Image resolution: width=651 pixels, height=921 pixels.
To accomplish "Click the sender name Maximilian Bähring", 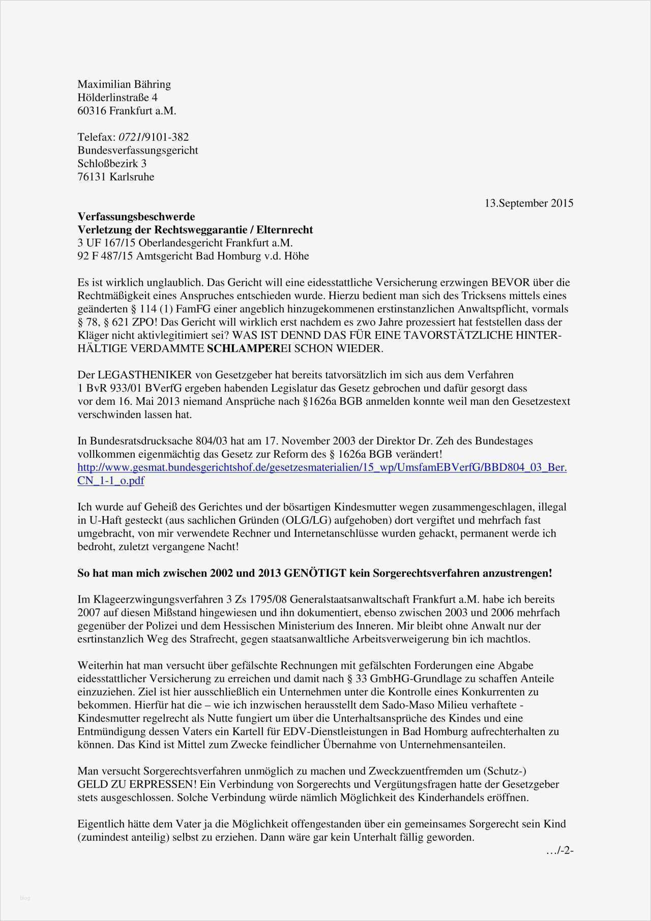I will (124, 84).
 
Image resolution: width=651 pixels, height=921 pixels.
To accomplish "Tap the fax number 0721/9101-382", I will (153, 137).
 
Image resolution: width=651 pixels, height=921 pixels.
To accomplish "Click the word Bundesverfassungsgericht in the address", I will (137, 151).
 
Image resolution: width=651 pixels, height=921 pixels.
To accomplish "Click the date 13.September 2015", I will (528, 203).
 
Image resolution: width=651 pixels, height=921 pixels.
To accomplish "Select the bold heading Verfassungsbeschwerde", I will (136, 217).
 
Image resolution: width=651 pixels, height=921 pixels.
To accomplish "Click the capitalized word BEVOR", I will (509, 283).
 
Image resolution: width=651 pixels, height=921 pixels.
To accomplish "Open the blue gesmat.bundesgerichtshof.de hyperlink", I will (321, 467).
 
